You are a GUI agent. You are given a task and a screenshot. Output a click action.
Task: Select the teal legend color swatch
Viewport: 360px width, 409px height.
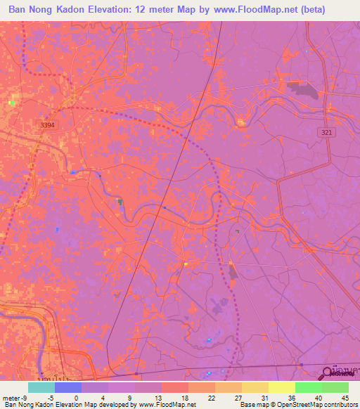[x=41, y=387]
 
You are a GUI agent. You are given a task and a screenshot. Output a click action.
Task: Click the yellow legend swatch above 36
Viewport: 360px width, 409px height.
[x=282, y=387]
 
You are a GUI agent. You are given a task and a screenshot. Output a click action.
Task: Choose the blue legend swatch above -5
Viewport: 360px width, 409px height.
[x=68, y=387]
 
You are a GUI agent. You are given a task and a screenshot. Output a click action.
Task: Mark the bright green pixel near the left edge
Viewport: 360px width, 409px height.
[x=11, y=103]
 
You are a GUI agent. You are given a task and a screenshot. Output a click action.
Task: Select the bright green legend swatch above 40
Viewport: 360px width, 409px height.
[x=309, y=387]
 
